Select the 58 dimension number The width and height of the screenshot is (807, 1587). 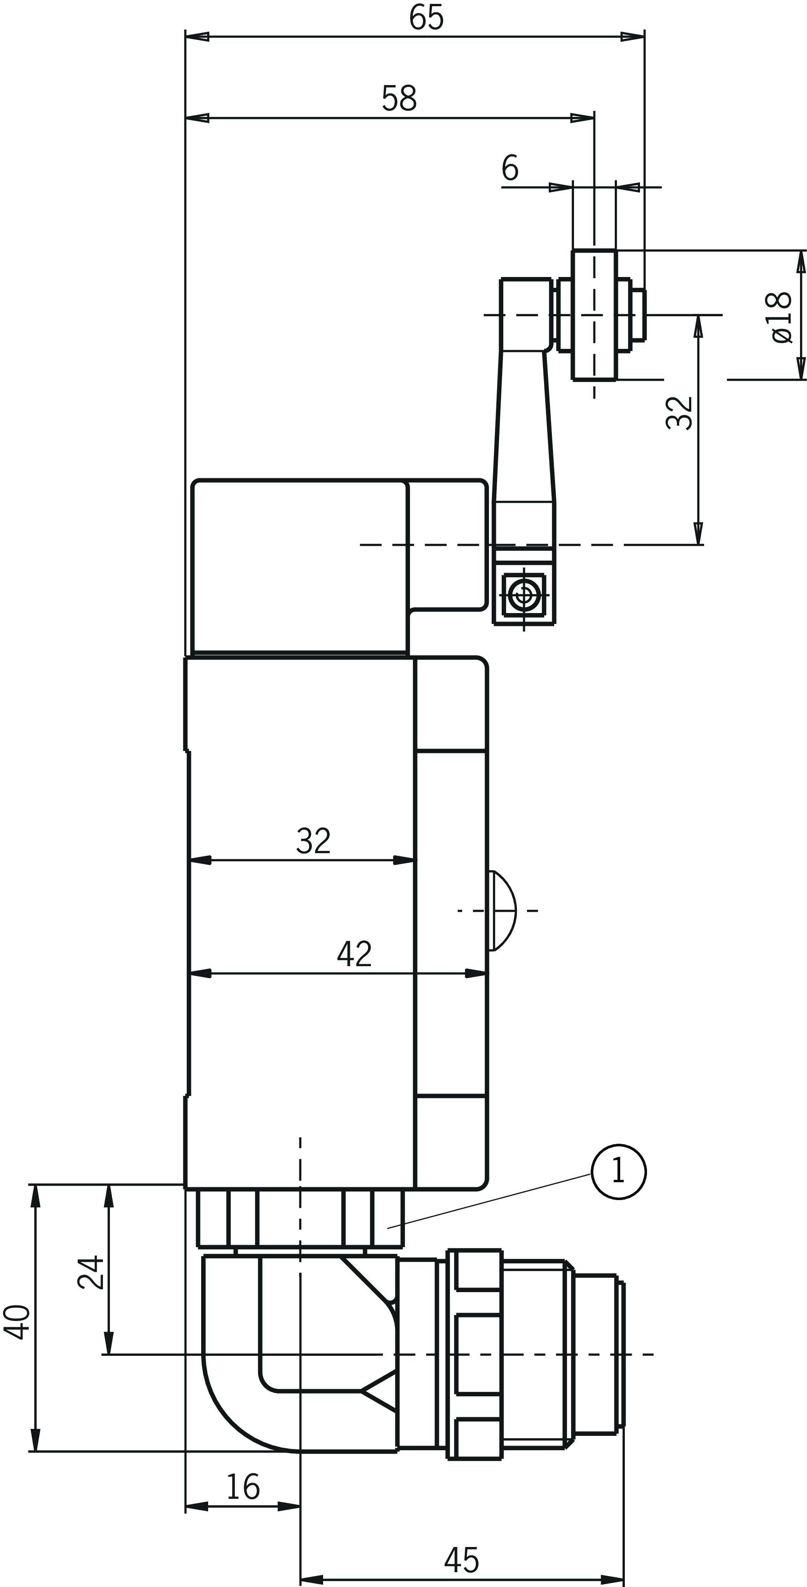[399, 99]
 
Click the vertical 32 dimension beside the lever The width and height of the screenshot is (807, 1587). [680, 412]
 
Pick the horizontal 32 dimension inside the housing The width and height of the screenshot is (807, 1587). [313, 841]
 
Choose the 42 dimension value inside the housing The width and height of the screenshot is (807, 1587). [354, 954]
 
